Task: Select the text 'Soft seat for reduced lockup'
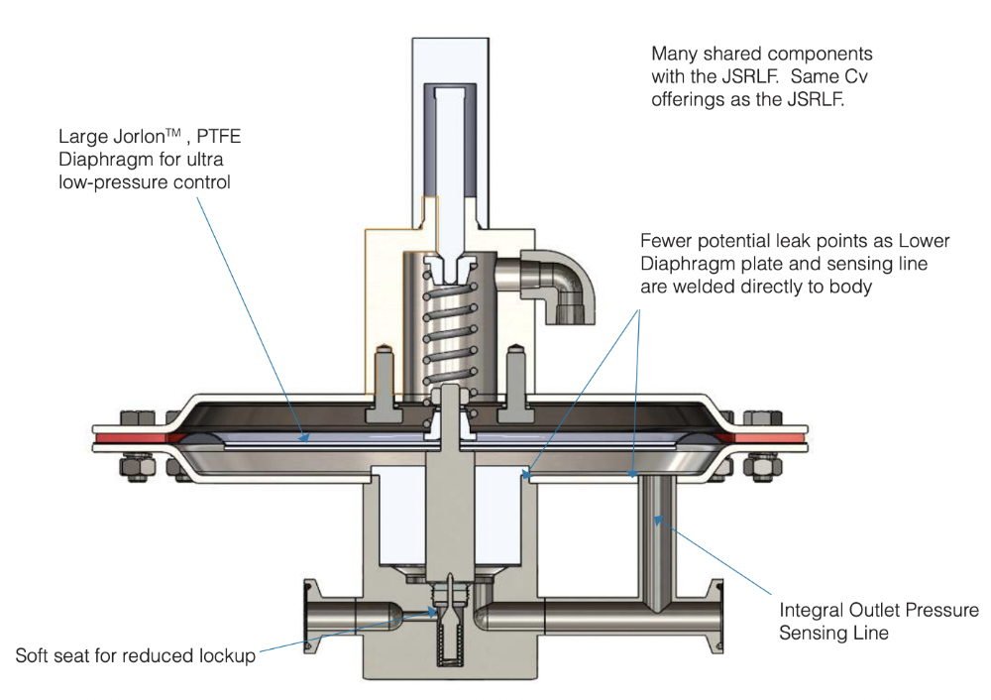(135, 656)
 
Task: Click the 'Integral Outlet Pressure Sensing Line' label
(878, 621)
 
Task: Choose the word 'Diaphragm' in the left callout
(103, 160)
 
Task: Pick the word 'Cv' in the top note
(860, 76)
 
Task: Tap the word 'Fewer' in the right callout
(664, 241)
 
